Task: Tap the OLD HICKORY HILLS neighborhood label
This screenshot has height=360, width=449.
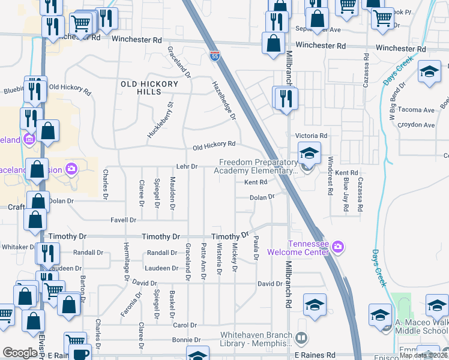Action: [x=150, y=88]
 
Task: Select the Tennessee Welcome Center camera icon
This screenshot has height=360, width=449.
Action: [x=337, y=246]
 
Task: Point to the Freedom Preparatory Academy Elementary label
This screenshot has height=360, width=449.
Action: [x=259, y=166]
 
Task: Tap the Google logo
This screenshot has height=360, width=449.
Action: [x=20, y=353]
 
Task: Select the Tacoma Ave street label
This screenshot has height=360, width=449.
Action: [x=420, y=110]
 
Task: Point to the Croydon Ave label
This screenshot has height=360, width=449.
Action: [x=420, y=125]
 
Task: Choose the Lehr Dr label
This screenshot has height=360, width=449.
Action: [x=187, y=166]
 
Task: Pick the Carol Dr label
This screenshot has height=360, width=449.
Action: [x=181, y=325]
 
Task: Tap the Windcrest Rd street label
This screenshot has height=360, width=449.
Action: [x=330, y=176]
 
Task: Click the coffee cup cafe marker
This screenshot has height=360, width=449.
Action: [x=79, y=353]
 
